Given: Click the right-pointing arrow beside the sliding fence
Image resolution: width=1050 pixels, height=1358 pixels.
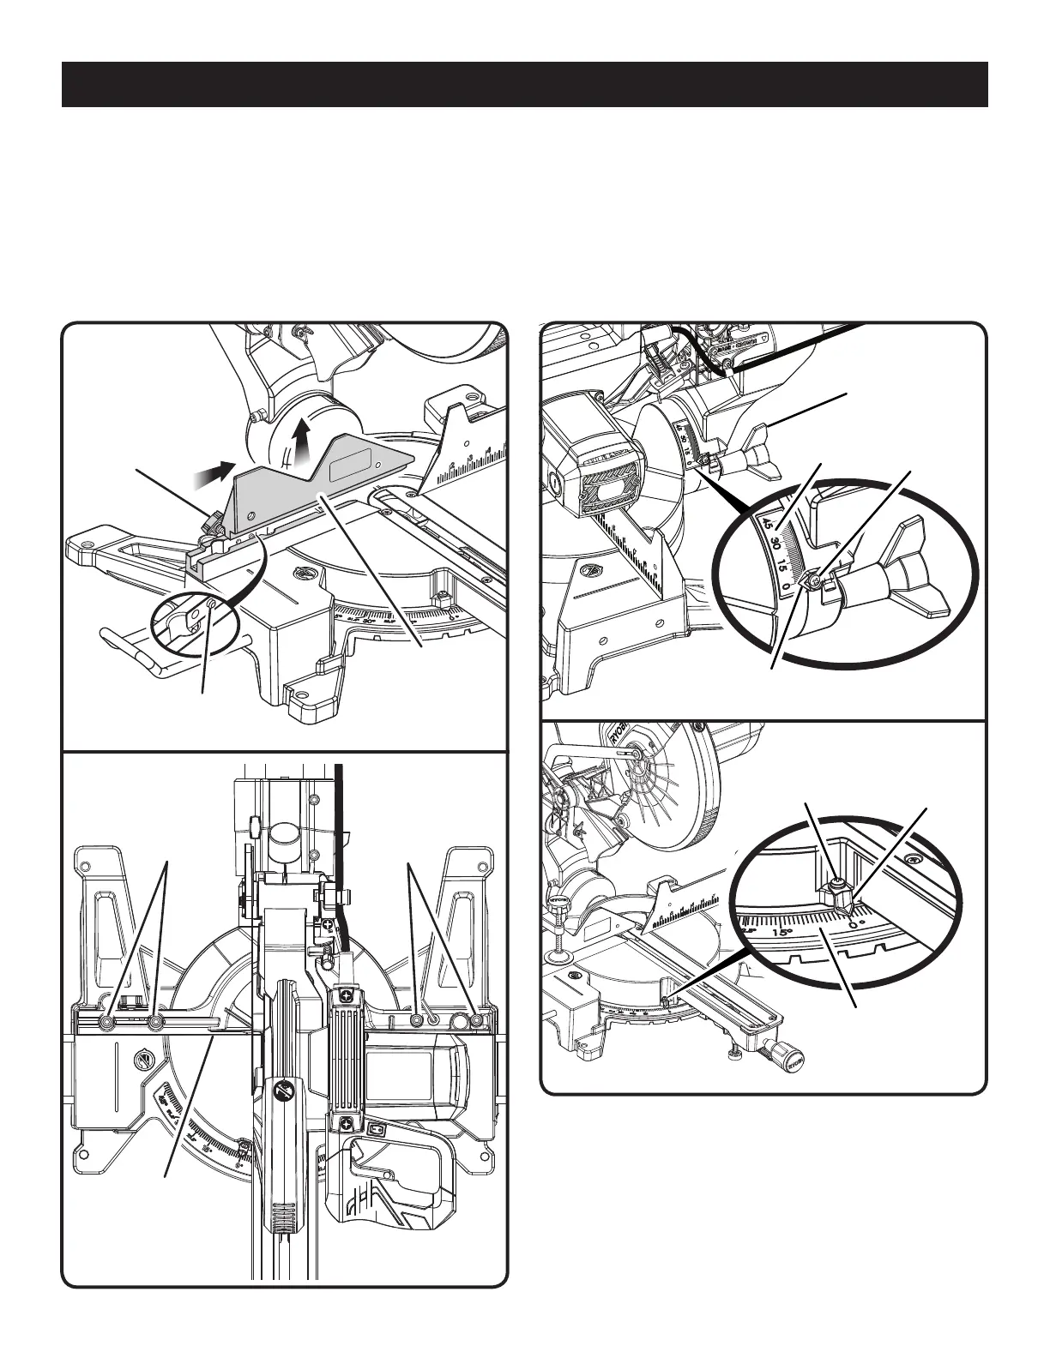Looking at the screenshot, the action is (219, 468).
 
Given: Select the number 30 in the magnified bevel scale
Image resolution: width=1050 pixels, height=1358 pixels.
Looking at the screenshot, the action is (775, 544).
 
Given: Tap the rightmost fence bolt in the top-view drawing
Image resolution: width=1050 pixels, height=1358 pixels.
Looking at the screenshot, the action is (479, 1021).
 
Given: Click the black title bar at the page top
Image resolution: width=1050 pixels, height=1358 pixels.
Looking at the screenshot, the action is (524, 84).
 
